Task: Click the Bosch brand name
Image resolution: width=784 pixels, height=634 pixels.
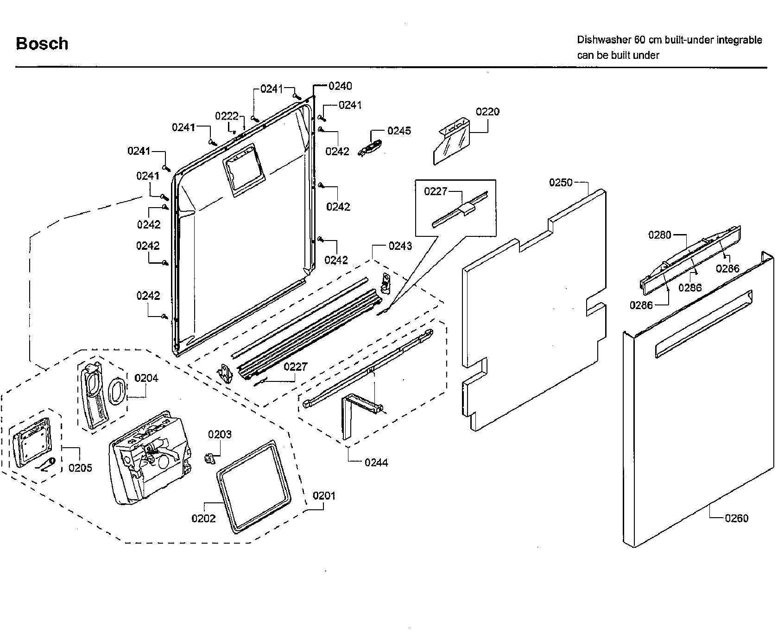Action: (42, 44)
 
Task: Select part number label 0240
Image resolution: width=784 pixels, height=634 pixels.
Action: (340, 86)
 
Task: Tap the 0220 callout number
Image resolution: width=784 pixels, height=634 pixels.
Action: (487, 112)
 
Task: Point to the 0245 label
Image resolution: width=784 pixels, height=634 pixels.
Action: (399, 131)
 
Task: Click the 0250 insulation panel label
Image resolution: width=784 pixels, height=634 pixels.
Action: (561, 183)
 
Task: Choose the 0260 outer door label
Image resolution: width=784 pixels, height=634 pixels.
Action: (736, 518)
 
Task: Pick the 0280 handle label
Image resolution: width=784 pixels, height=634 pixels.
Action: (659, 235)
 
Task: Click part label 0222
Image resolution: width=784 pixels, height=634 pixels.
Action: (227, 116)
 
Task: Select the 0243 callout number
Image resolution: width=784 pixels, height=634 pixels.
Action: (400, 246)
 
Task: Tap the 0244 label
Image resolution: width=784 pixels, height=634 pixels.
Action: (376, 462)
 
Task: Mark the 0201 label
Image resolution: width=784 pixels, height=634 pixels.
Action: (324, 496)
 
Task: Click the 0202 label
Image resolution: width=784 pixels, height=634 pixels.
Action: (203, 518)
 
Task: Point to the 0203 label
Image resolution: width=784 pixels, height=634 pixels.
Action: (220, 434)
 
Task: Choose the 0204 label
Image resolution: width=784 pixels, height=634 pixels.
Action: (146, 378)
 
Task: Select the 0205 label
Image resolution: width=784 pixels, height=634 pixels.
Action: (80, 468)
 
